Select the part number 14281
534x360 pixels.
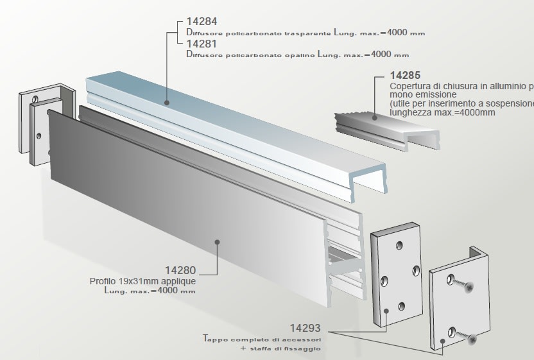click(x=202, y=44)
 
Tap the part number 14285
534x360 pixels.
click(x=406, y=76)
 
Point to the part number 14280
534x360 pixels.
click(x=180, y=271)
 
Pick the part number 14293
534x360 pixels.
click(x=305, y=327)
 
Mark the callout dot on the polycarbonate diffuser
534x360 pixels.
click(x=167, y=101)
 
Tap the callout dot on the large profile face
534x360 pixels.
click(x=218, y=242)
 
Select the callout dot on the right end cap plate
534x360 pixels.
click(x=387, y=311)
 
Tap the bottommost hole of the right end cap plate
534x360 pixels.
click(x=402, y=305)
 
